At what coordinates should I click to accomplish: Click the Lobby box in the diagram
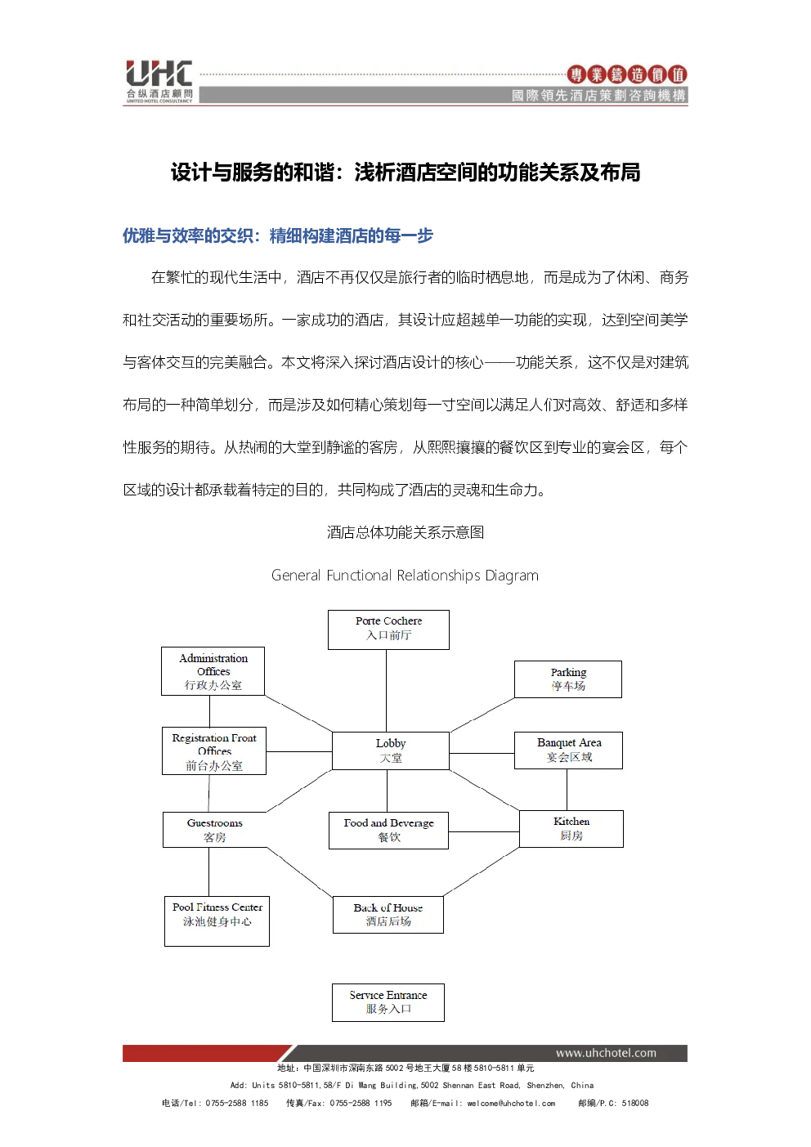pyautogui.click(x=391, y=750)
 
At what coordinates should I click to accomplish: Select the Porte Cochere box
pyautogui.click(x=388, y=630)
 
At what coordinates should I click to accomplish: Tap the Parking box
pyautogui.click(x=568, y=679)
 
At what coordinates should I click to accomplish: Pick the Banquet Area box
pyautogui.click(x=568, y=750)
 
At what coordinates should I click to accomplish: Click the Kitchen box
pyautogui.click(x=571, y=828)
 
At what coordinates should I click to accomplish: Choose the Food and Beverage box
pyautogui.click(x=388, y=830)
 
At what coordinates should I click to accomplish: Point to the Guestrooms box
pyautogui.click(x=214, y=830)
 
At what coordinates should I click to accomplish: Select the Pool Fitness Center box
pyautogui.click(x=217, y=921)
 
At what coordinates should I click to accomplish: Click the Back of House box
pyautogui.click(x=388, y=914)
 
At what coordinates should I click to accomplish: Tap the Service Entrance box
pyautogui.click(x=388, y=1002)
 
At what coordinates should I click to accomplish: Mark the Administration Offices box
pyautogui.click(x=213, y=671)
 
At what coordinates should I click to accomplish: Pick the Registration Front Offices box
pyautogui.click(x=214, y=750)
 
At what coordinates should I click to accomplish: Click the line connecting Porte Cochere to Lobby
pyautogui.click(x=386, y=691)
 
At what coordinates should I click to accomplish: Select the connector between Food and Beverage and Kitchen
pyautogui.click(x=484, y=831)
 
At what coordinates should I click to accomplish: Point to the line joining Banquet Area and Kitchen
pyautogui.click(x=567, y=790)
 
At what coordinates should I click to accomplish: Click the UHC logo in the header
pyautogui.click(x=159, y=81)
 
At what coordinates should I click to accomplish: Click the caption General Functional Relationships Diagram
pyautogui.click(x=405, y=575)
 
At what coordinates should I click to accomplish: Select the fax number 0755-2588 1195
pyautogui.click(x=361, y=1103)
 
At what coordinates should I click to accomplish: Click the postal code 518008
pyautogui.click(x=635, y=1103)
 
